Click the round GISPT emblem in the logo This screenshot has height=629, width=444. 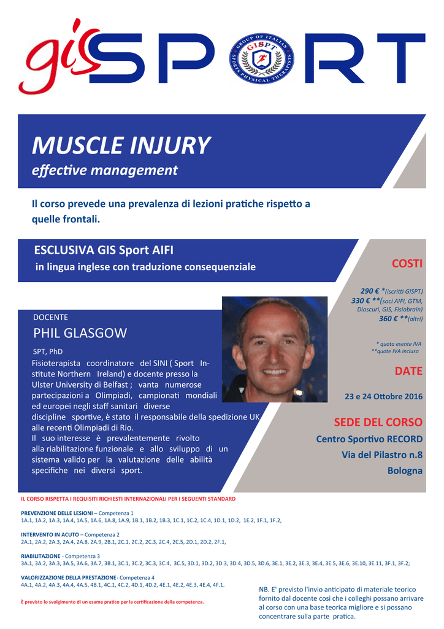click(x=261, y=58)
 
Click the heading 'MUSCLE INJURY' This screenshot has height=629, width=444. click(x=121, y=146)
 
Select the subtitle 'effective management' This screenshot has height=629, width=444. click(x=105, y=171)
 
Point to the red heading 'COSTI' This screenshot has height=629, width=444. click(x=407, y=264)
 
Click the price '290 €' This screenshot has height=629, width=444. click(x=370, y=291)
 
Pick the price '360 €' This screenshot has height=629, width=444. click(x=388, y=319)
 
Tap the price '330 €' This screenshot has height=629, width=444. click(x=361, y=301)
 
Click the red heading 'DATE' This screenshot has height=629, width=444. click(x=408, y=371)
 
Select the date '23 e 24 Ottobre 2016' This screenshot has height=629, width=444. click(x=383, y=397)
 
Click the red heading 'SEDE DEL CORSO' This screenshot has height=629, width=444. click(x=378, y=423)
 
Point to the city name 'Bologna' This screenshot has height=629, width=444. click(x=405, y=471)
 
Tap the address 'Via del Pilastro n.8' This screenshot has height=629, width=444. click(x=382, y=455)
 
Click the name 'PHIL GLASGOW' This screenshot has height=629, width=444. click(x=80, y=334)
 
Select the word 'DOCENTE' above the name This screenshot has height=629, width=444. click(x=50, y=318)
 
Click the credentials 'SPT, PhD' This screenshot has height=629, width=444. click(x=48, y=352)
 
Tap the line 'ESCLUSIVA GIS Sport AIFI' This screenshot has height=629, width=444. click(x=104, y=251)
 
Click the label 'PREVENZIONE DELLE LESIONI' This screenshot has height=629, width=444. click(x=57, y=513)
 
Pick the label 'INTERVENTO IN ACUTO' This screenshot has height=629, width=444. click(x=50, y=535)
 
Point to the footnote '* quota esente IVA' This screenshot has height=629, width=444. click(x=399, y=344)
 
